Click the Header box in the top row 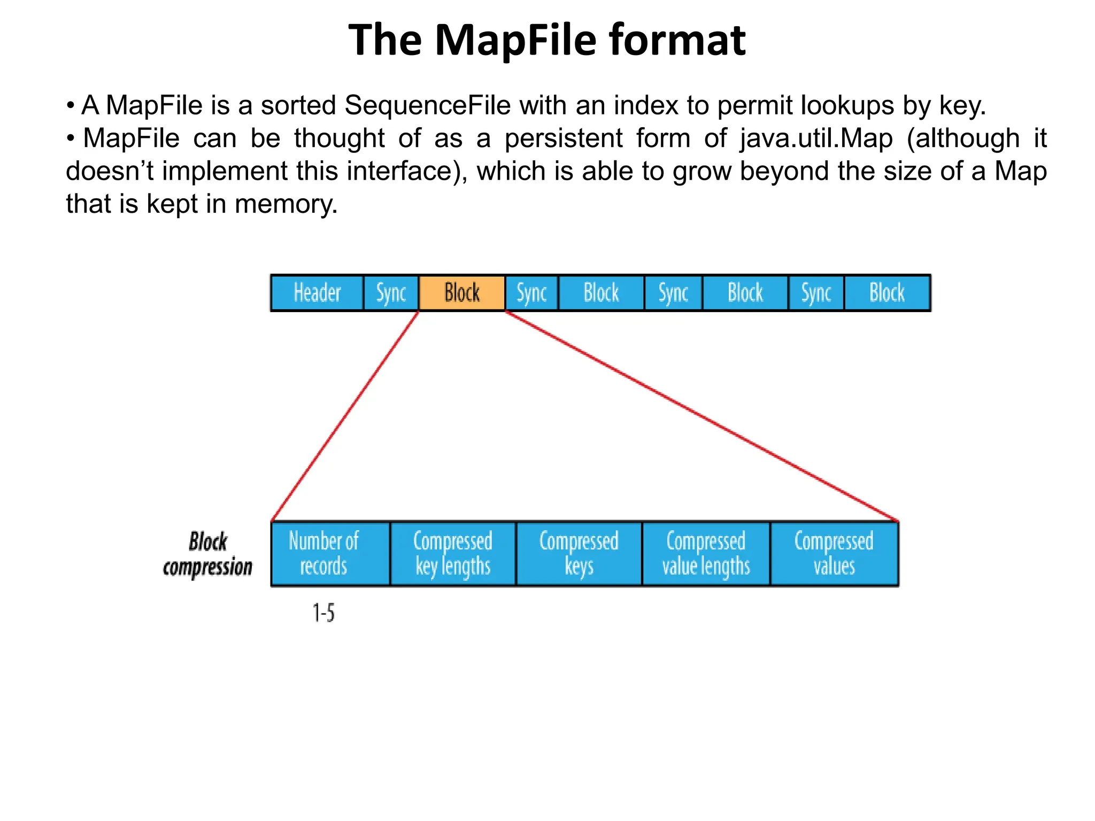pyautogui.click(x=317, y=293)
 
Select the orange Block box pyautogui.click(x=462, y=293)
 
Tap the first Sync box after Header pyautogui.click(x=391, y=293)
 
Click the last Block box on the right pyautogui.click(x=887, y=293)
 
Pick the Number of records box pyautogui.click(x=330, y=554)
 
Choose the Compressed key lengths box pyautogui.click(x=453, y=554)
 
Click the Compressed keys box pyautogui.click(x=579, y=554)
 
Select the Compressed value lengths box pyautogui.click(x=706, y=554)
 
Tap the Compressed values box pyautogui.click(x=834, y=554)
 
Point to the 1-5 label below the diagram pyautogui.click(x=323, y=613)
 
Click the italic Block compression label pyautogui.click(x=207, y=554)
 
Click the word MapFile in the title pyautogui.click(x=515, y=40)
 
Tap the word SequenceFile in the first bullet pyautogui.click(x=428, y=105)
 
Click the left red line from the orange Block pyautogui.click(x=345, y=416)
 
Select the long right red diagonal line pyautogui.click(x=701, y=416)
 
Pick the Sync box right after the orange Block pyautogui.click(x=531, y=293)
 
